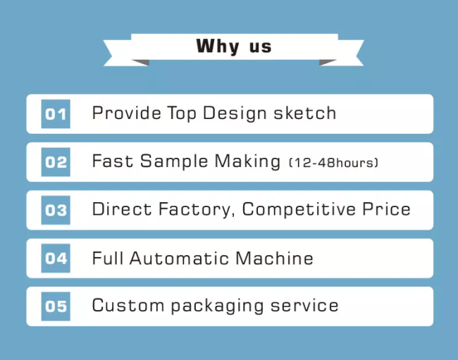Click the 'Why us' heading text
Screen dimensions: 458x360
tap(234, 46)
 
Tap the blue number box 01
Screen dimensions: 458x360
tap(56, 114)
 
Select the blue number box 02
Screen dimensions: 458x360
tap(56, 162)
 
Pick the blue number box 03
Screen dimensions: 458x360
tap(56, 210)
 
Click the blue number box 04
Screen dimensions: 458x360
tap(56, 259)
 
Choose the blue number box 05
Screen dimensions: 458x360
tap(56, 306)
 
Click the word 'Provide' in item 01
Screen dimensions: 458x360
tap(126, 113)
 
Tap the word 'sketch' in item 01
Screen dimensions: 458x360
tap(305, 113)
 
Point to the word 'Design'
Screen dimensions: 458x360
tap(235, 113)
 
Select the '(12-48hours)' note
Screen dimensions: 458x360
tap(333, 163)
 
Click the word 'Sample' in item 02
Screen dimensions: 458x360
tap(174, 161)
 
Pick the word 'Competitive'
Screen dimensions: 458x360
tap(299, 210)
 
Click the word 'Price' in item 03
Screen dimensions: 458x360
tap(386, 209)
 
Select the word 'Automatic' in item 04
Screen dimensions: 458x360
tap(180, 258)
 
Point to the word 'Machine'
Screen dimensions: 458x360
tap(275, 258)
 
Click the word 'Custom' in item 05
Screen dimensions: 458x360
tap(128, 306)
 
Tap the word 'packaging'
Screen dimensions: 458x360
tap(217, 306)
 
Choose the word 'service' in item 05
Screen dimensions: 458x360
tap(304, 306)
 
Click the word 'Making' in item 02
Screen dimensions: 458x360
tap(247, 161)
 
